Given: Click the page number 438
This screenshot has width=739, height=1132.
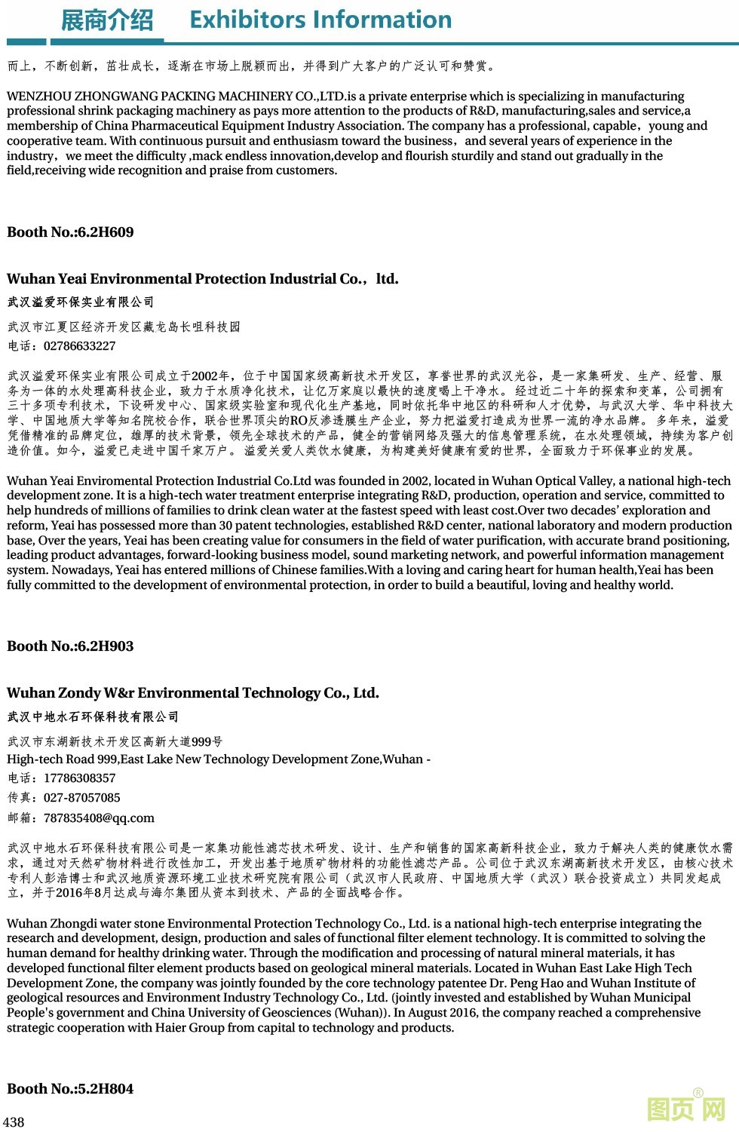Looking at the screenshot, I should point(14,1121).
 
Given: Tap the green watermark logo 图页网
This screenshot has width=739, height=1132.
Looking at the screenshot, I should point(686,1109).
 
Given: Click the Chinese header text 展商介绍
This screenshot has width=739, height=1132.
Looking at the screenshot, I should point(106,20).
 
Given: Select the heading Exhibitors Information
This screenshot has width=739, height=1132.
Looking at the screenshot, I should point(320,20).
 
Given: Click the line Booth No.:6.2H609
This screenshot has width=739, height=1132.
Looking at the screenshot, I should point(70,232).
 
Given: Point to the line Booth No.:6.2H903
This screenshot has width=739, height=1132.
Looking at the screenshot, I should point(70,646).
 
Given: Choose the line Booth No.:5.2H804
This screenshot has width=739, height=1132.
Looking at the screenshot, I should point(70,1089).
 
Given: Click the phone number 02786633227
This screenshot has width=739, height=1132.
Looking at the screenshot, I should point(79,346).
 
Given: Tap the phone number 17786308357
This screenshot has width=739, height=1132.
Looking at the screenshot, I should point(79,778).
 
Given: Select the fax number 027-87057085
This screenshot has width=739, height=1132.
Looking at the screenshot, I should point(81,798).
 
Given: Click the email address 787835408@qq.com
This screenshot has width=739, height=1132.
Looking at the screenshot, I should point(99,818).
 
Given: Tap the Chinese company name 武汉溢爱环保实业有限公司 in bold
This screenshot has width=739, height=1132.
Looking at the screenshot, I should point(81,302).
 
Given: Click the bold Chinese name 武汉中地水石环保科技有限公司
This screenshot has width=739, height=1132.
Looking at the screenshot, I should point(93,716).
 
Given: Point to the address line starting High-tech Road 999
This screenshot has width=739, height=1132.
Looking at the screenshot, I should point(218,759).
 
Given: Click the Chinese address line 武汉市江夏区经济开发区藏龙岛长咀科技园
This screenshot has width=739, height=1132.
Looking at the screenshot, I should point(124,327).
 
